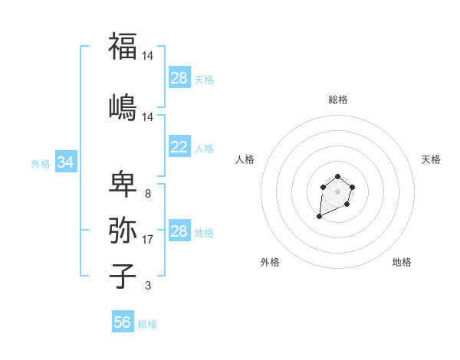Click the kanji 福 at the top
point(123,47)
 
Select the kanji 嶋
point(123,106)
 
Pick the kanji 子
point(123,276)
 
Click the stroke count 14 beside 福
point(148,56)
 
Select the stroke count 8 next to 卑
point(147,194)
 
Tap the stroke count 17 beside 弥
point(148,240)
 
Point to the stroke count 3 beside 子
point(147,286)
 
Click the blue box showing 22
point(179,148)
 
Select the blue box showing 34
point(66,162)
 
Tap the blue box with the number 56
point(123,322)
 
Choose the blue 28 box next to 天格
point(179,78)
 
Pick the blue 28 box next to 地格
point(179,231)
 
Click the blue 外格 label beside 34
point(41,163)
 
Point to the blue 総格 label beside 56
point(147,323)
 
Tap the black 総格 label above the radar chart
point(337,100)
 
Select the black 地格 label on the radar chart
point(402,263)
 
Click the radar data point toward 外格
point(319,217)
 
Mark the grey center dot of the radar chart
point(337,191)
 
